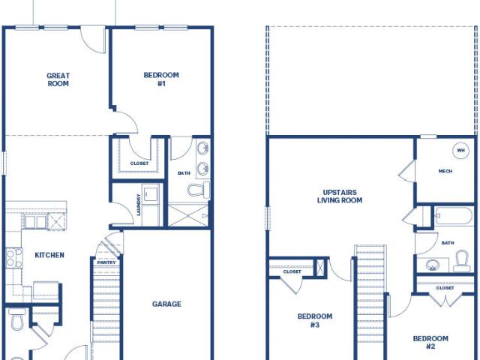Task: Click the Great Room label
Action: (x=58, y=79)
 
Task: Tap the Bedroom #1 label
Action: (x=161, y=79)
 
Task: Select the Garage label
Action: (x=166, y=304)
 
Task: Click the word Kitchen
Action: (x=49, y=255)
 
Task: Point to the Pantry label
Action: (x=106, y=262)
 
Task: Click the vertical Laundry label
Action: (x=139, y=205)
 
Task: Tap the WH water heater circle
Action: (x=460, y=150)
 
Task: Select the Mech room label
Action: (x=445, y=171)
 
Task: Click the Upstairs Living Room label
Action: (x=340, y=196)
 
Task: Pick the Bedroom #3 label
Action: (x=315, y=320)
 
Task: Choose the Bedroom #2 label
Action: (x=430, y=343)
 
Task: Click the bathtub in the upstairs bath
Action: (x=454, y=216)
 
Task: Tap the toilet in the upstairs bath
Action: (x=462, y=261)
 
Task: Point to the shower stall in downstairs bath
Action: (x=188, y=215)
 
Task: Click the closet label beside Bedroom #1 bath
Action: (x=139, y=163)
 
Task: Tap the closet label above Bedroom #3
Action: (x=292, y=271)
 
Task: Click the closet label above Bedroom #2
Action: (x=445, y=288)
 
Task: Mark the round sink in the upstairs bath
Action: (x=432, y=265)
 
